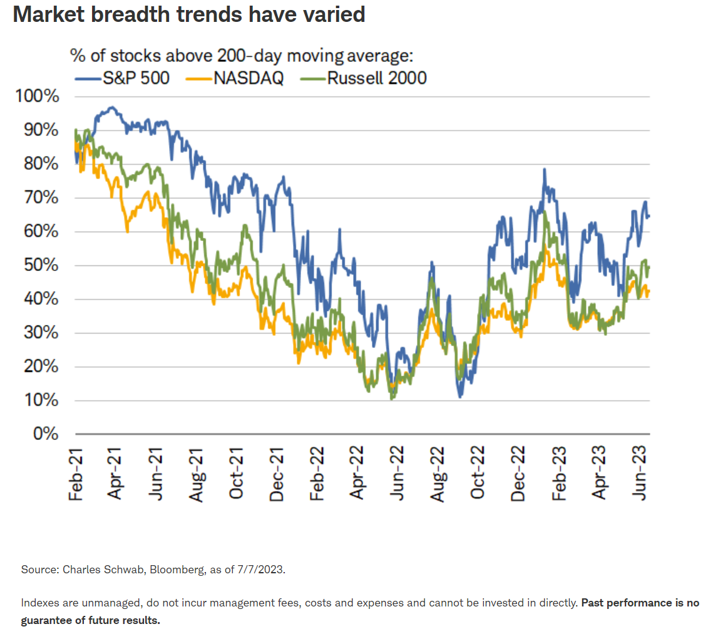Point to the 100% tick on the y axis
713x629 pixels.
(x=38, y=97)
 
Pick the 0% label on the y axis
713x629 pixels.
(x=46, y=434)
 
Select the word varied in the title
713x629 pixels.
(x=332, y=14)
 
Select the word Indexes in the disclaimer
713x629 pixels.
(x=39, y=603)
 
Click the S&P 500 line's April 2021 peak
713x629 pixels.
(x=111, y=108)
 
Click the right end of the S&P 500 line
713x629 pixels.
(x=649, y=217)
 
